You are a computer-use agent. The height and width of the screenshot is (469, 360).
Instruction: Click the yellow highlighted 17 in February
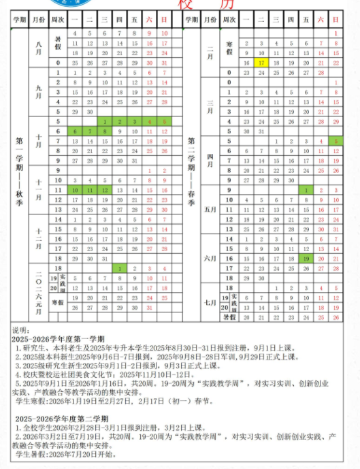[x=261, y=62]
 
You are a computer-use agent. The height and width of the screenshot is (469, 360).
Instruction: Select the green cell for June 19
[x=306, y=259]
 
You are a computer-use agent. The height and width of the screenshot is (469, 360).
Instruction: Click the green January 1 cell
[x=118, y=269]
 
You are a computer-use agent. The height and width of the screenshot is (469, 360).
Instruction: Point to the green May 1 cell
[x=306, y=190]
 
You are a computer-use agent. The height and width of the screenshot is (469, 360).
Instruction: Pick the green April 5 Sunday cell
[x=335, y=141]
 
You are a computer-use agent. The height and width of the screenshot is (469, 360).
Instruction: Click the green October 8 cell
[x=103, y=131]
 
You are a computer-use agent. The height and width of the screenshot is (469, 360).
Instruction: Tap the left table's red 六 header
[x=148, y=20]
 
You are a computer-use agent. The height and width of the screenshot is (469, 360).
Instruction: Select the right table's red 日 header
[x=335, y=20]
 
